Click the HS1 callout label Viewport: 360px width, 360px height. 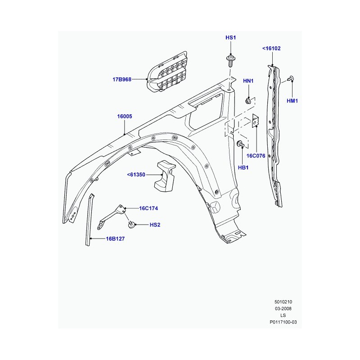coord(230,38)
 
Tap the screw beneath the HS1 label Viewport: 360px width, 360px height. coord(230,60)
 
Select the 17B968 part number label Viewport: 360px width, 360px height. coord(122,80)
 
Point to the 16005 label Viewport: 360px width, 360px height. coord(125,117)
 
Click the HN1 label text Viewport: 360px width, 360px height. coord(248,81)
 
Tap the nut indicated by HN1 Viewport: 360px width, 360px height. coord(248,100)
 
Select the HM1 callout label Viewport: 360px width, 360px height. coord(292,101)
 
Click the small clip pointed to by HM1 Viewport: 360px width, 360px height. coord(291,79)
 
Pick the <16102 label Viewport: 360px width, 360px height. coord(271,49)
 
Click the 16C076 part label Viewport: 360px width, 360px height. coord(256,156)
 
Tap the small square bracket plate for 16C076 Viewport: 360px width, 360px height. coord(256,121)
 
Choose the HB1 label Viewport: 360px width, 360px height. coord(243,167)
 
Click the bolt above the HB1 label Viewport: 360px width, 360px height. coord(240,144)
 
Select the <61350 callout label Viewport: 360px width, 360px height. coord(136,175)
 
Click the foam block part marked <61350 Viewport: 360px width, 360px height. coord(165,176)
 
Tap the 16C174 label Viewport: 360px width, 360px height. coord(148,208)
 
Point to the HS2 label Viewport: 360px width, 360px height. coord(155,225)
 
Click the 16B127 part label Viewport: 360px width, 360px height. coord(115,239)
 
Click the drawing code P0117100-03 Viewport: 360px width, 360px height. coord(283,322)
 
